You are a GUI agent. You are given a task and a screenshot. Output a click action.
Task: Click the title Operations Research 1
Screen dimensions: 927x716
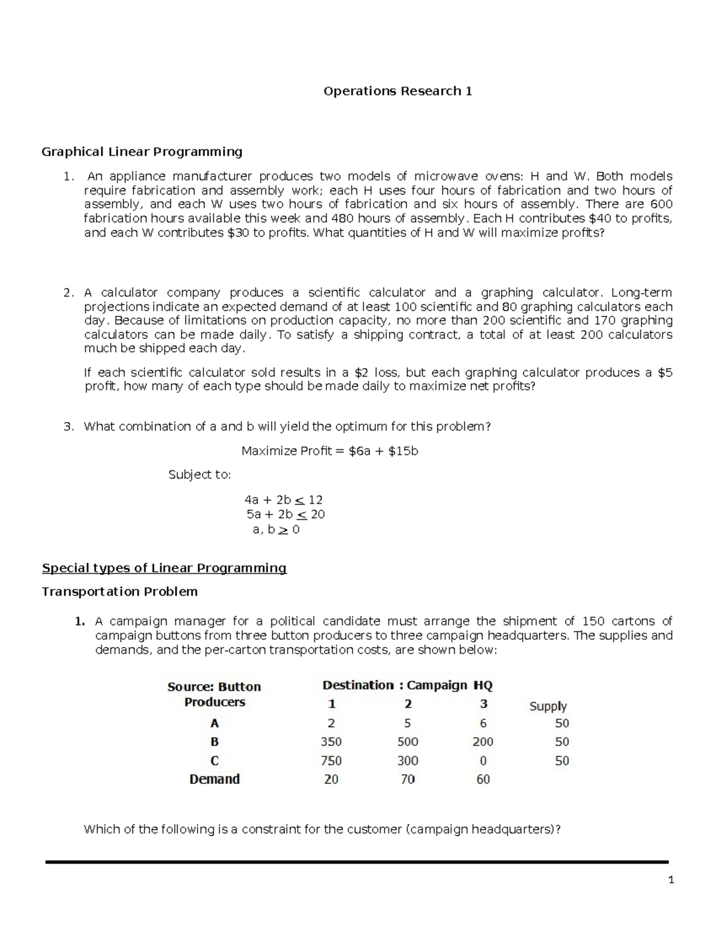tap(397, 91)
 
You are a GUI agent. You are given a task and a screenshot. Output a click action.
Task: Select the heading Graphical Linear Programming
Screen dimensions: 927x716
tap(141, 152)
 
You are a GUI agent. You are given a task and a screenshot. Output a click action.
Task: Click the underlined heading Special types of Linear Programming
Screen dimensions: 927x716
tap(164, 568)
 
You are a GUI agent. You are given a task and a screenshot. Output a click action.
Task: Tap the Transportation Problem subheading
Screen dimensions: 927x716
tap(119, 592)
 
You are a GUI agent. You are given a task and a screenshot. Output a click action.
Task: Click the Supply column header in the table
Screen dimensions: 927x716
tap(548, 706)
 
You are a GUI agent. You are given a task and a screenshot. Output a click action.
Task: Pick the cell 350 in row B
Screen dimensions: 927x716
tap(331, 742)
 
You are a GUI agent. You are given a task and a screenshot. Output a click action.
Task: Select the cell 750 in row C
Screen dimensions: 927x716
tap(331, 761)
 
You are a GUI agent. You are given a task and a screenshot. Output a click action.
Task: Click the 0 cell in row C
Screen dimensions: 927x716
tap(483, 761)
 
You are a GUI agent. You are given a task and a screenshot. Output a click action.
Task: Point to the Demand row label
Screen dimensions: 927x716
tap(214, 780)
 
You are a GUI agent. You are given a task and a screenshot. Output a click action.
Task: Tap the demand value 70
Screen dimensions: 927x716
tap(408, 780)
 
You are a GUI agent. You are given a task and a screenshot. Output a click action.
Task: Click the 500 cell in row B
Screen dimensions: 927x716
tap(408, 742)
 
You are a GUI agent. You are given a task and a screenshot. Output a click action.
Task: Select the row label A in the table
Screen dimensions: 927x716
tap(214, 723)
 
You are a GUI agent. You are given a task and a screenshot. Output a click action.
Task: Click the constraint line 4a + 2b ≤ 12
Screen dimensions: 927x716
tap(283, 500)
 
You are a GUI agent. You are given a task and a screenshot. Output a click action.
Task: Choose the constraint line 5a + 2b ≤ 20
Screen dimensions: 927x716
tap(285, 515)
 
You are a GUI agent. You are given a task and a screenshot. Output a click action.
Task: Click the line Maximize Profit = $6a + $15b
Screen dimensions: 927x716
tap(329, 451)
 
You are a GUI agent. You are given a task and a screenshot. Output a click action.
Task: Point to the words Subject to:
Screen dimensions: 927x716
tap(199, 475)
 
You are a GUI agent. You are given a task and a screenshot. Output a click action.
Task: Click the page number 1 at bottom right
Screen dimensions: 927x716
tap(671, 880)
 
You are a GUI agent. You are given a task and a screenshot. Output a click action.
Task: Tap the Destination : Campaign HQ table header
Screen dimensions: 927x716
tap(408, 685)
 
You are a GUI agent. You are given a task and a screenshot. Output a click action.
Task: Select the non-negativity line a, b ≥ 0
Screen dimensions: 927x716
tap(276, 529)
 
